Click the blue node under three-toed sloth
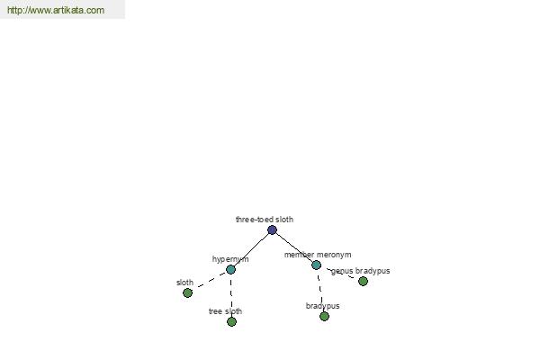[x=272, y=229]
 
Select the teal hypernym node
[x=230, y=269]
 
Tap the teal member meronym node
[x=316, y=265]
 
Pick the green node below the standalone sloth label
[x=188, y=293]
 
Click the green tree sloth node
[x=232, y=322]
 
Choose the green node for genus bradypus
[x=363, y=282]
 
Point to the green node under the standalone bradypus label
[x=324, y=316]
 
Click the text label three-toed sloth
[x=265, y=220]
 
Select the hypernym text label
[x=230, y=259]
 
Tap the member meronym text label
[x=318, y=255]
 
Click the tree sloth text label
[x=225, y=311]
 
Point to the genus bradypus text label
[x=360, y=271]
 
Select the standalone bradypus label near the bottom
[x=323, y=306]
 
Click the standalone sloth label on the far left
[x=184, y=283]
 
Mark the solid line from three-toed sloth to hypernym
[x=251, y=250]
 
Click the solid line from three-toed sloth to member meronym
[x=294, y=247]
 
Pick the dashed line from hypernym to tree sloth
[x=231, y=295]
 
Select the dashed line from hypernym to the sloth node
[x=210, y=282]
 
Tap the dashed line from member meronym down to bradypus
[x=320, y=291]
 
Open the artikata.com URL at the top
[x=56, y=10]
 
